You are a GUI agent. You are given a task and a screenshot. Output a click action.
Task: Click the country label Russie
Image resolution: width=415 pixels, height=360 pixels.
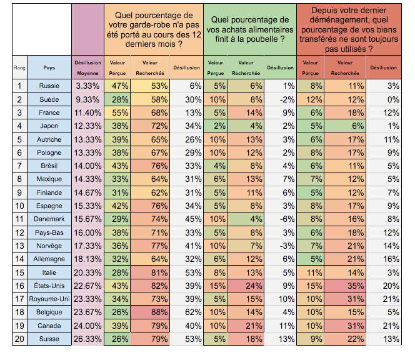coord(49,86)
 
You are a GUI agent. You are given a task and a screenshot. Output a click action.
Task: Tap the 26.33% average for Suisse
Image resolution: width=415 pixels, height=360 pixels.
coord(87,338)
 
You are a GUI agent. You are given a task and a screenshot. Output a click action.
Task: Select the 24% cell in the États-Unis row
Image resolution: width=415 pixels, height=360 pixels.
coord(247,285)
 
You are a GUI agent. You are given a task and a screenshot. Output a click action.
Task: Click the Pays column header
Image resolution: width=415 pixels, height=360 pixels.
coord(49,67)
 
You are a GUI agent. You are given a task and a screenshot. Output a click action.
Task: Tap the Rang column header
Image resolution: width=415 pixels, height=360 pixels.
coord(19,67)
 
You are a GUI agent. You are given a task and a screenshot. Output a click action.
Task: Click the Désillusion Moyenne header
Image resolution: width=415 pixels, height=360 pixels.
coord(87,67)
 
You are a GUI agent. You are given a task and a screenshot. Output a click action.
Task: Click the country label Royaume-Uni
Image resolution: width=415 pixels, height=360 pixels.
coord(49,298)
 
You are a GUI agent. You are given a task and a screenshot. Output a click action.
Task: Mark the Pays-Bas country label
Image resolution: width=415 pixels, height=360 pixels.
coord(49,232)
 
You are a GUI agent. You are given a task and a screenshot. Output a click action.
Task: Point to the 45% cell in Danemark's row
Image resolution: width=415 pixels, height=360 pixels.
coord(187,219)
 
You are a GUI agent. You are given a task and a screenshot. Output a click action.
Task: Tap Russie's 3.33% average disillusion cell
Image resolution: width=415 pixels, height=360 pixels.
coord(87,86)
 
